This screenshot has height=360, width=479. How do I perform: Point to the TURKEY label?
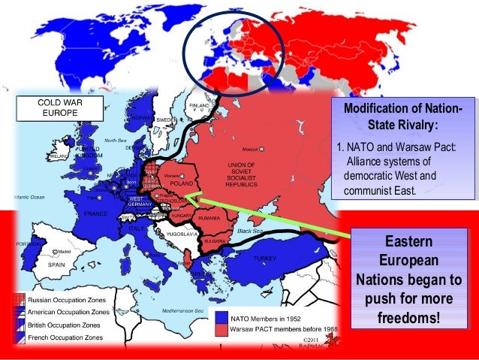tap(265, 259)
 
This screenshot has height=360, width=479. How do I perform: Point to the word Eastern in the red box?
tap(402, 242)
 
